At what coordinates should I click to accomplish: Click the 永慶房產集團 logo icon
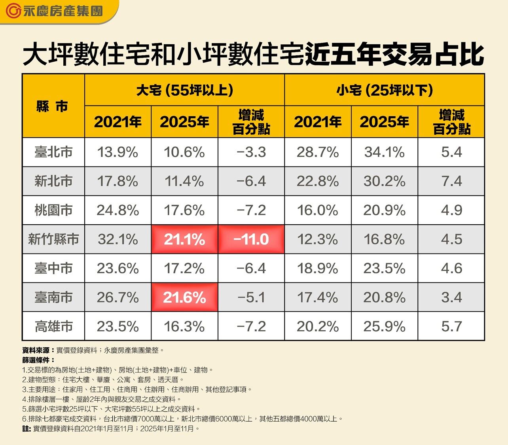tap(13, 11)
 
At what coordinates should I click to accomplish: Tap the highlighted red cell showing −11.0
tap(251, 239)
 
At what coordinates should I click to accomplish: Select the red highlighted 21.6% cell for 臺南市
tap(184, 297)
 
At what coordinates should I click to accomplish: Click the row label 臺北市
tap(53, 152)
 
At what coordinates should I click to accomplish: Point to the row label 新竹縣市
tap(53, 239)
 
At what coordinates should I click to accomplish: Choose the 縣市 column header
tap(52, 106)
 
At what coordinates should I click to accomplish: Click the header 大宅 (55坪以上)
tap(184, 91)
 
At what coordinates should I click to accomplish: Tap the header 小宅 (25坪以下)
tap(385, 91)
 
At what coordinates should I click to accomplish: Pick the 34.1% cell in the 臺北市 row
tap(384, 152)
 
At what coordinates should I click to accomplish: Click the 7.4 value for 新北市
tap(451, 181)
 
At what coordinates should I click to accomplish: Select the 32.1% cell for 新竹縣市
tap(118, 239)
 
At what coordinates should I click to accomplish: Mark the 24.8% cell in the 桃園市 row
tap(118, 210)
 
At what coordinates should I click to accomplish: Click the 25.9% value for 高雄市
tap(384, 327)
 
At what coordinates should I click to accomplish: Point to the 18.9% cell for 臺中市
tap(318, 269)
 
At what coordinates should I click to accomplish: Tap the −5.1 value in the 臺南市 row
tap(251, 297)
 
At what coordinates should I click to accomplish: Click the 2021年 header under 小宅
tap(318, 122)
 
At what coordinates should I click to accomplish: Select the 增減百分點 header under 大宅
tap(251, 122)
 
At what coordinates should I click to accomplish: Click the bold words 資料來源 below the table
tap(36, 350)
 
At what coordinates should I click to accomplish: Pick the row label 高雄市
tap(53, 327)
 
